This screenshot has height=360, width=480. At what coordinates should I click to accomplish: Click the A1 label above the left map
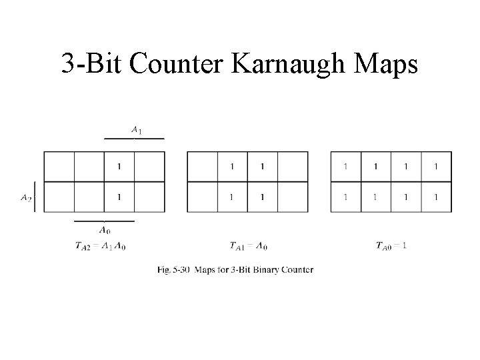pos(135,131)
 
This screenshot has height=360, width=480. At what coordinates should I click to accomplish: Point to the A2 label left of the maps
pos(25,197)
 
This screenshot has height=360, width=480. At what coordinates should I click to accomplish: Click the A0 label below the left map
pos(105,230)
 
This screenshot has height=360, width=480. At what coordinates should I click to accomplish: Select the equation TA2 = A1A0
pos(100,246)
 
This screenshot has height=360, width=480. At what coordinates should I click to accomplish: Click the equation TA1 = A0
pos(249,246)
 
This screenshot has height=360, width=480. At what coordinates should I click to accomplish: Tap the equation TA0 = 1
pos(391,246)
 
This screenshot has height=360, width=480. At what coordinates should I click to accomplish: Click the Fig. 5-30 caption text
pos(235,270)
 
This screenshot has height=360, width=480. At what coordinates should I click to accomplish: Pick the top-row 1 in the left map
pos(119,166)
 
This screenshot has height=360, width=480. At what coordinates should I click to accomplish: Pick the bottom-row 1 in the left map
pos(119,197)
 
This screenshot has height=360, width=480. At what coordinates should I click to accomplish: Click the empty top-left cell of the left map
pos(59,166)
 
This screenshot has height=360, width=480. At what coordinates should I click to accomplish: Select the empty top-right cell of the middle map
pos(293,166)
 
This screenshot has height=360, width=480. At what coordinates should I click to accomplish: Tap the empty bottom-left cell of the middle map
pos(203,197)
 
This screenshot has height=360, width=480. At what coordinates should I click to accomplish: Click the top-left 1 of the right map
pos(345,166)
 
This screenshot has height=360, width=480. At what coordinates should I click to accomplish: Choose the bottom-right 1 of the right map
pos(436,197)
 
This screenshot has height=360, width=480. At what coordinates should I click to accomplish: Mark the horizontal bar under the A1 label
pos(134,139)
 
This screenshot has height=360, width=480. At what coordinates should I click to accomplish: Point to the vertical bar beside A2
pos(35,197)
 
